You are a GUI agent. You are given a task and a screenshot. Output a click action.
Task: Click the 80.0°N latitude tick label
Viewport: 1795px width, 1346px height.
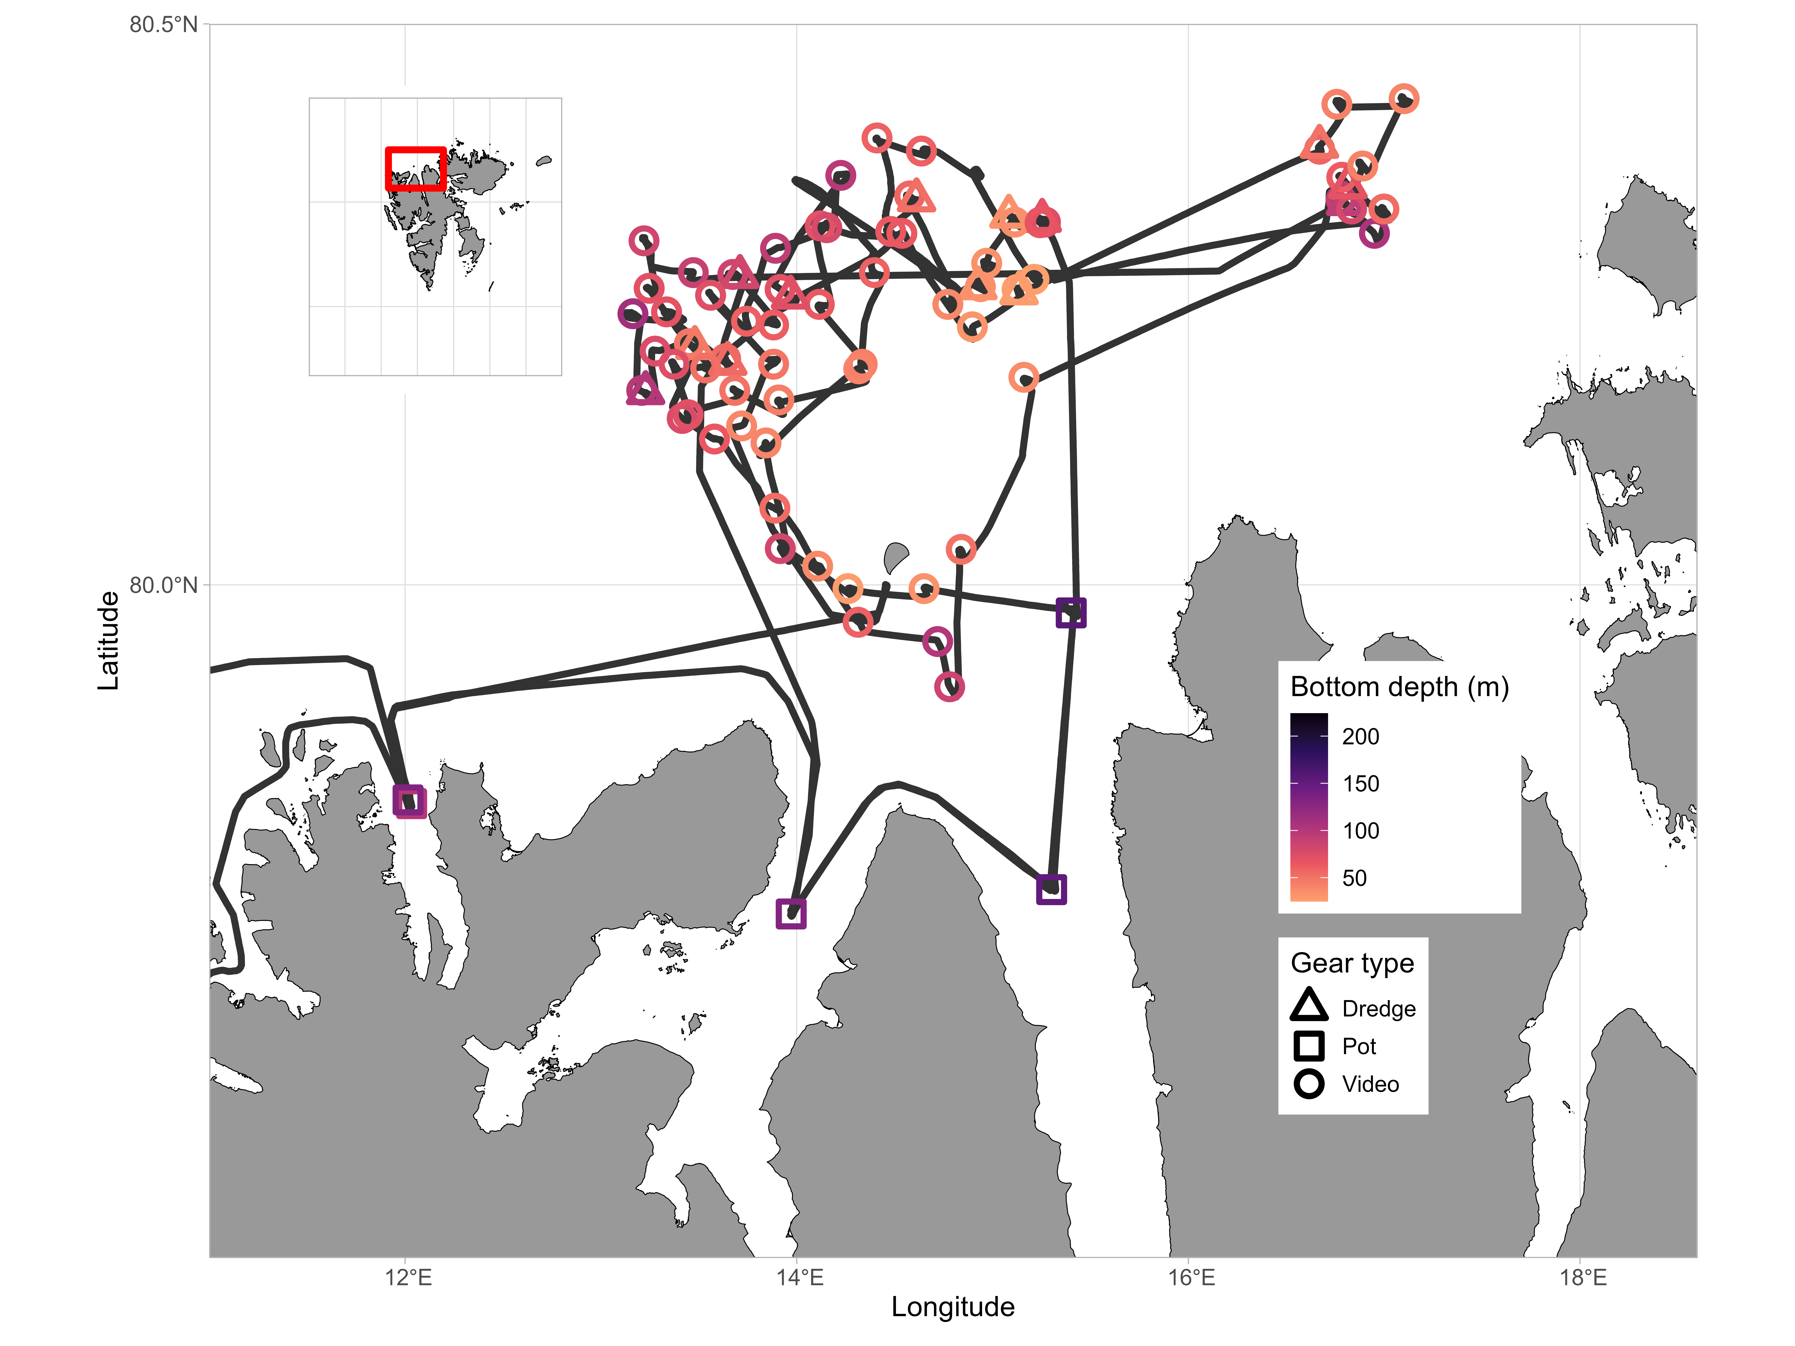(163, 585)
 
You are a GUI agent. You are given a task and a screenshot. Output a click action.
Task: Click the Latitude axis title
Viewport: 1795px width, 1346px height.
(108, 641)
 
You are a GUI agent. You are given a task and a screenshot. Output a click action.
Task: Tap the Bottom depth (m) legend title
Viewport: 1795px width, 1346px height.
(1399, 687)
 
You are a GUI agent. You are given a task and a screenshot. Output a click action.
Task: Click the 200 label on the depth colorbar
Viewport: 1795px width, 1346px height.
(1360, 737)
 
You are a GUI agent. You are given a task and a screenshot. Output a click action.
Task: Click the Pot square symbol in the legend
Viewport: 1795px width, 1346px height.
(1309, 1046)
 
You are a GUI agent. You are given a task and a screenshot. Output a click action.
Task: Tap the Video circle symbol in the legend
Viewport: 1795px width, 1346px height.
(1309, 1084)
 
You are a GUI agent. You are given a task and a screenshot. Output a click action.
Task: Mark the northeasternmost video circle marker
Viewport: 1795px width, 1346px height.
(1404, 99)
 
